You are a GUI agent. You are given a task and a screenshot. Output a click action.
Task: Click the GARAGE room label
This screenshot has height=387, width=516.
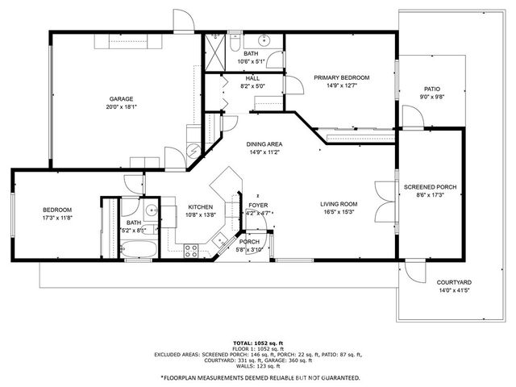point(121,98)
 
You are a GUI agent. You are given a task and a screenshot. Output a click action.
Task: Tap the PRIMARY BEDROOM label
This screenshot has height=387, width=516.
point(341,77)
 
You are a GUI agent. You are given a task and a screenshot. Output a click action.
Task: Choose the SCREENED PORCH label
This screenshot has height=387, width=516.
point(430,187)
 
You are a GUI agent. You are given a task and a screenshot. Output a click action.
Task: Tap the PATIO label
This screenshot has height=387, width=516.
point(432,89)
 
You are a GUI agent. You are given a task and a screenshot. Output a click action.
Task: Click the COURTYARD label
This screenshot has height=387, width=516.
point(454,282)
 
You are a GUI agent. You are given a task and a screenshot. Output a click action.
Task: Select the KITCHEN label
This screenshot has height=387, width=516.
point(201,206)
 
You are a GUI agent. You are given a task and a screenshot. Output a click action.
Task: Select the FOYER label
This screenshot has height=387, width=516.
point(258,206)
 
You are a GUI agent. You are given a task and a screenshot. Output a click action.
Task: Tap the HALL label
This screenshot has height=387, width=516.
point(252,77)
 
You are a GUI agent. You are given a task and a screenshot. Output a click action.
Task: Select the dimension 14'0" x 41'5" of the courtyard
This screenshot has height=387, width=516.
point(454,290)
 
